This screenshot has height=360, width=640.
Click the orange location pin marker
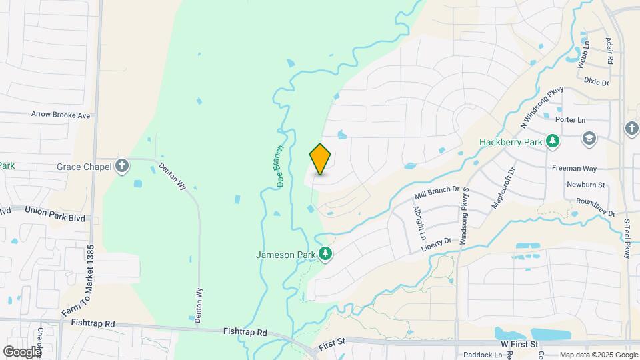[x=321, y=159]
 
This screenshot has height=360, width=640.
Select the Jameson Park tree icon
[x=325, y=253]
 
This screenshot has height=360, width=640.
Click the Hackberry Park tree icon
[x=552, y=141]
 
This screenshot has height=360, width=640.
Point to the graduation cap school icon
[x=589, y=138]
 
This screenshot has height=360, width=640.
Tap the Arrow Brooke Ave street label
[x=61, y=115]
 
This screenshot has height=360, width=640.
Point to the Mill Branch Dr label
[x=438, y=193]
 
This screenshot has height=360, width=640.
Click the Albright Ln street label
[x=419, y=223]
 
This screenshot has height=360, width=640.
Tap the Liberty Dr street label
[x=436, y=244]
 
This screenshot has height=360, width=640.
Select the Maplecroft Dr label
[x=503, y=188]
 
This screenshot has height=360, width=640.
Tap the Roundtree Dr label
[x=595, y=203]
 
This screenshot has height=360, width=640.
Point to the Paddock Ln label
[x=483, y=355]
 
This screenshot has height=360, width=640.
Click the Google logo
[x=23, y=351]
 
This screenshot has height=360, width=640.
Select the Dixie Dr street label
[x=596, y=82]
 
